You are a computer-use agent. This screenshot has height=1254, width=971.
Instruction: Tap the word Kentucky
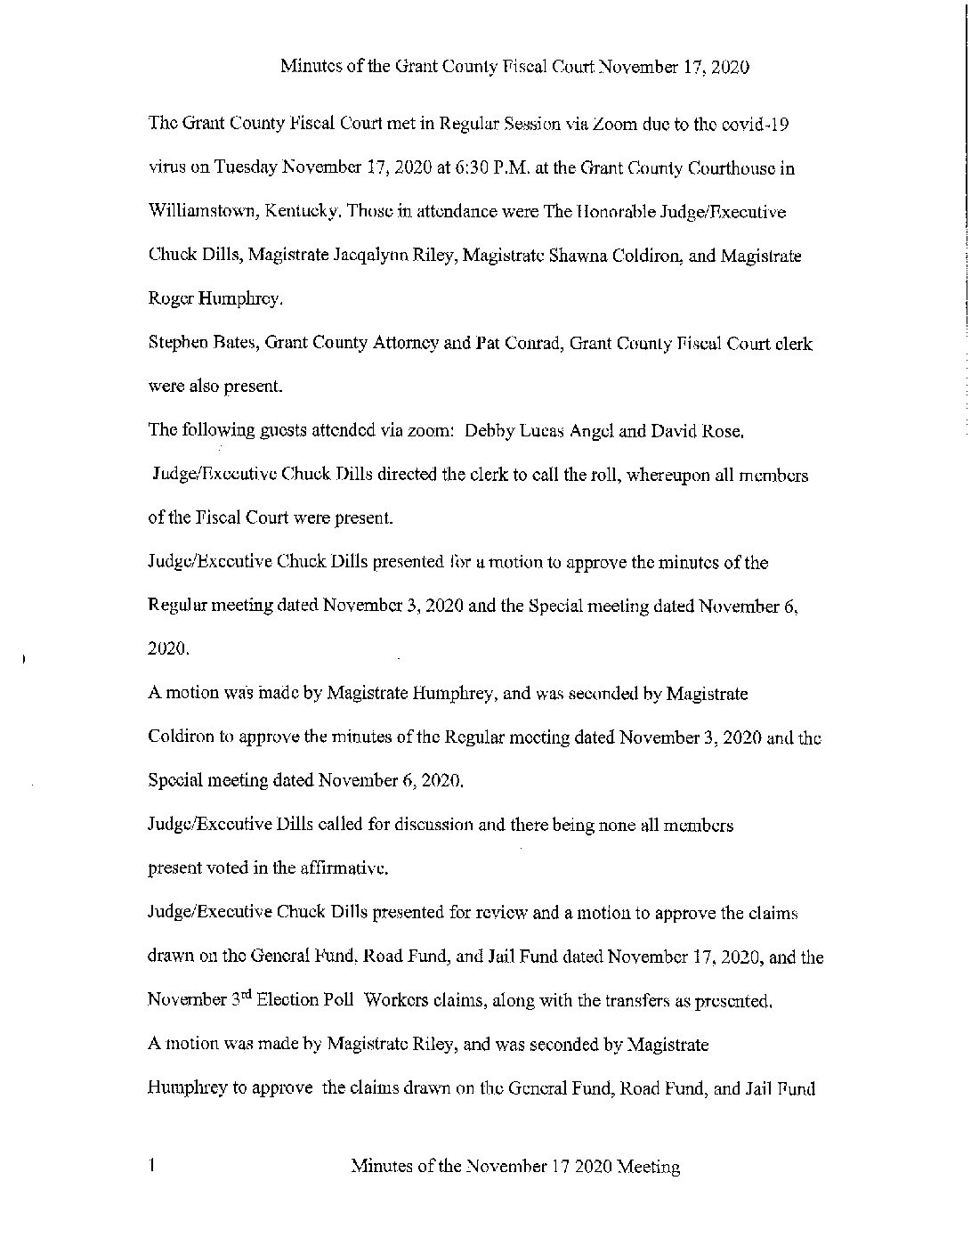click(x=303, y=213)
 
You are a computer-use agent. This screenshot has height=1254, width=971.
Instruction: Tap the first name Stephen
click(x=176, y=344)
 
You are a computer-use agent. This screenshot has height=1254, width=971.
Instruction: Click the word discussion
click(x=433, y=826)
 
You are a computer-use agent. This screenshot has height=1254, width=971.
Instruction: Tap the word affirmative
click(x=344, y=869)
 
